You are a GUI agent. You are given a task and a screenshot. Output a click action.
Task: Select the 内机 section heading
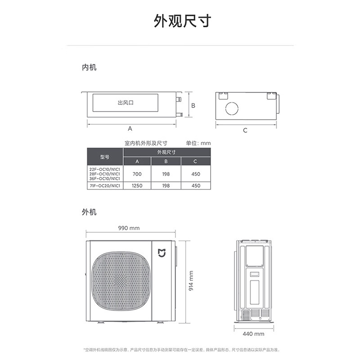pyautogui.click(x=89, y=68)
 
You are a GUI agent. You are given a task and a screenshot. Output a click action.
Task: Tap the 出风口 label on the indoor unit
pyautogui.click(x=126, y=103)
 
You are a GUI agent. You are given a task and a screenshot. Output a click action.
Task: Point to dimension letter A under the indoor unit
pyautogui.click(x=130, y=129)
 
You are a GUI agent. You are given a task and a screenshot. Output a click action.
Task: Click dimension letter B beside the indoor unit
pyautogui.click(x=193, y=105)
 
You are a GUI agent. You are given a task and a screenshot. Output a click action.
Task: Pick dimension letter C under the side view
pyautogui.click(x=245, y=130)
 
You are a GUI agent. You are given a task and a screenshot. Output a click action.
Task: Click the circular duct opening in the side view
pyautogui.click(x=233, y=110)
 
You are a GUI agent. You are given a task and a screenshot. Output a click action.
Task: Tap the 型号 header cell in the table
pyautogui.click(x=104, y=157)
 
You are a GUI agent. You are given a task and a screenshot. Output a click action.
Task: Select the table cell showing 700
pyautogui.click(x=137, y=173)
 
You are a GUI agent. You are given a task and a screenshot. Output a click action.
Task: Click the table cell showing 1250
pyautogui.click(x=137, y=185)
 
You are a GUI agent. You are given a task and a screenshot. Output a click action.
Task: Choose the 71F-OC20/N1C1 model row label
pyautogui.click(x=104, y=185)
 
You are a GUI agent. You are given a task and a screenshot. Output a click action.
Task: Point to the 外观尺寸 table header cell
pyautogui.click(x=166, y=153)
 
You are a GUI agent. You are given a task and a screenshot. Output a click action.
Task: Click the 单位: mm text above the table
pyautogui.click(x=198, y=143)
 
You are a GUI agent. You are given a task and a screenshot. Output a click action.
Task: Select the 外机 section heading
pyautogui.click(x=89, y=211)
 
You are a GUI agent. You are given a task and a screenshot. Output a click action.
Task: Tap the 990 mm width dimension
pyautogui.click(x=129, y=228)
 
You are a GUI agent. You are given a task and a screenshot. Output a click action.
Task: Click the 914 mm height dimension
pyautogui.click(x=191, y=280)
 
